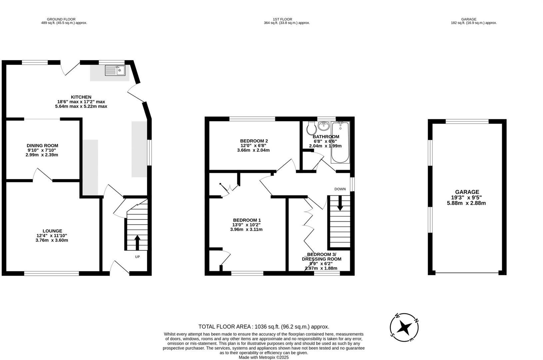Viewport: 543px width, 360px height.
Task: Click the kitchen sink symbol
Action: click(x=115, y=70)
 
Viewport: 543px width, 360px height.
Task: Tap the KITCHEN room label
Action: click(x=81, y=97)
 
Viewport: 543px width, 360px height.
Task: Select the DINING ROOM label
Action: click(x=42, y=146)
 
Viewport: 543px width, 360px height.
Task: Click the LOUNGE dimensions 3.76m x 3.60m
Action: click(x=52, y=240)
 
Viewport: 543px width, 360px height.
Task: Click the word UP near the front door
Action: click(x=137, y=257)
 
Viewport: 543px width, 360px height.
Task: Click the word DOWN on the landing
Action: click(x=340, y=189)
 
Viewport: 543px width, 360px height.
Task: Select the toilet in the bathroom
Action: click(x=311, y=128)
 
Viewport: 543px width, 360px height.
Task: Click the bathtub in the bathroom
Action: click(x=340, y=143)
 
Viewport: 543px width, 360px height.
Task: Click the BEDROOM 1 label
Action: click(x=247, y=220)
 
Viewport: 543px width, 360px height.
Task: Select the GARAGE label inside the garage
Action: click(x=467, y=192)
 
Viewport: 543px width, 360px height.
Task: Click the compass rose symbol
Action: click(x=404, y=327)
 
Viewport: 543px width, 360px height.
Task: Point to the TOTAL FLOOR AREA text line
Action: click(x=264, y=327)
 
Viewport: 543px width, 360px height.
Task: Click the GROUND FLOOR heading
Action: click(x=61, y=19)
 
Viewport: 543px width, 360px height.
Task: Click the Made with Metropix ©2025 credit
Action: click(x=264, y=357)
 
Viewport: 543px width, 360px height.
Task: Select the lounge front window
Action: click(x=51, y=274)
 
